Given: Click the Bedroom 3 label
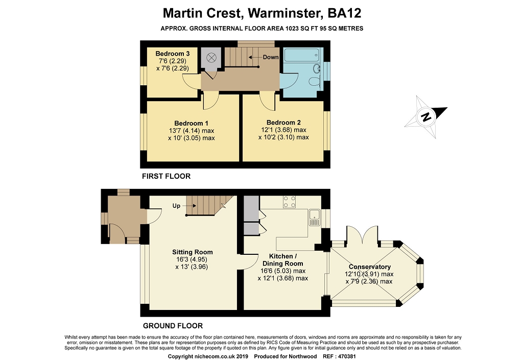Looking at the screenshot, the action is click(x=173, y=54).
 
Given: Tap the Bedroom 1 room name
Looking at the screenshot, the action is click(x=191, y=124).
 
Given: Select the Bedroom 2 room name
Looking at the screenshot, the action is click(x=283, y=123).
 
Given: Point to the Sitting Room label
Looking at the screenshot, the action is click(x=192, y=252).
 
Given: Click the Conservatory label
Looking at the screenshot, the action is click(x=370, y=267).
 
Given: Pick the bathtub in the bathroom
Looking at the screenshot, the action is click(x=301, y=55).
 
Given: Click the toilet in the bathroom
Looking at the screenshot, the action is click(x=314, y=81).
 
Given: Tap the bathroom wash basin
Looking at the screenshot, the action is click(x=317, y=68).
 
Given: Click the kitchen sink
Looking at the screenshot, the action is click(x=315, y=218).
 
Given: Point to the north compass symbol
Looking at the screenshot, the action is click(x=426, y=117).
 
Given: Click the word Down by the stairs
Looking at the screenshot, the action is click(x=271, y=57).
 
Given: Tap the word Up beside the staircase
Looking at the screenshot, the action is click(x=176, y=206).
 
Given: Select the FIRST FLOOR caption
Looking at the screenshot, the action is click(x=166, y=176).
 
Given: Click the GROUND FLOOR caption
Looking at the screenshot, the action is click(x=173, y=326).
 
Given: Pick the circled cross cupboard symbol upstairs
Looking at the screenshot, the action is click(x=211, y=58).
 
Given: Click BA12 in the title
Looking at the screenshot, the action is click(x=344, y=13).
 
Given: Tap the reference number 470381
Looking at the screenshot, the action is click(x=347, y=356).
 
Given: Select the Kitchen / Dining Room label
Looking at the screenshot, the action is click(x=283, y=260).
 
